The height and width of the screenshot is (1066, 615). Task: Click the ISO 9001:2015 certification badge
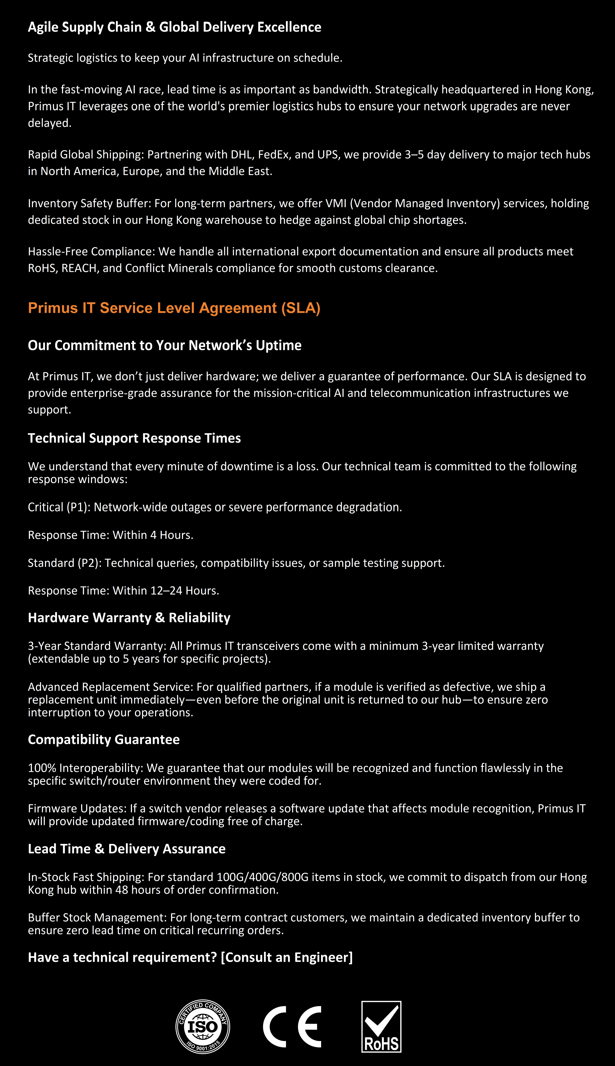point(203,1026)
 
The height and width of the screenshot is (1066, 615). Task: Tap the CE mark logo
point(292,1027)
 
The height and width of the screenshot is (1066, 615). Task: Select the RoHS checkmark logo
point(381,1026)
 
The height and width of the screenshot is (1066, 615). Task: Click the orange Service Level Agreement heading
point(174,308)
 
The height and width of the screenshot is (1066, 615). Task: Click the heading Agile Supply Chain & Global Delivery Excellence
point(174,27)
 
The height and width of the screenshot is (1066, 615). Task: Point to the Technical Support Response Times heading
point(134,438)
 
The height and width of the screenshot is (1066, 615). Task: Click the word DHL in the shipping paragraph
point(242,155)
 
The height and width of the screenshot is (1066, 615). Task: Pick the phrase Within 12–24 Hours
point(165,590)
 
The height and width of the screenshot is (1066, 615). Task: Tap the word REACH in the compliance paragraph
point(79,268)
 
